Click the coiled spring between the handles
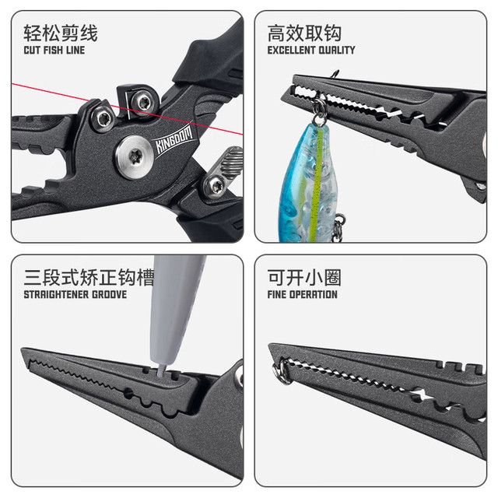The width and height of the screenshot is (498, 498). click(232, 162)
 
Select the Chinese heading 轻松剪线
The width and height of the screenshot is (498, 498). click(61, 33)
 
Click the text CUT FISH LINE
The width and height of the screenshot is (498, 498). click(54, 50)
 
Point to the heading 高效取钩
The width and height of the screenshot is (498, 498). click(304, 33)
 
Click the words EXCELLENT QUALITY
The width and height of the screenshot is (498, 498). click(311, 50)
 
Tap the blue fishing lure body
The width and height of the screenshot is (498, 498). click(307, 184)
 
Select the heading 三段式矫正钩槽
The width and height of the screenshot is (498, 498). click(89, 277)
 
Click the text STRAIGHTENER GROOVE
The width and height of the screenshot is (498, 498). click(75, 294)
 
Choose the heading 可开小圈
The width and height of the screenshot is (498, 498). click(304, 277)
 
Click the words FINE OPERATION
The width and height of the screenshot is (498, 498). click(303, 294)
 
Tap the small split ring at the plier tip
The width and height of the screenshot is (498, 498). click(282, 370)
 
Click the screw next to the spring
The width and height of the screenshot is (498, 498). click(215, 185)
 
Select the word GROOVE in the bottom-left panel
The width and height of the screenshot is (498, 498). click(109, 294)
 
